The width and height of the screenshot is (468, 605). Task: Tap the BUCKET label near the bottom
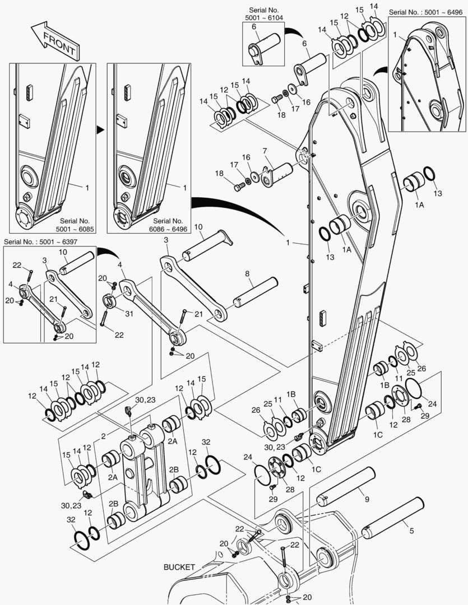pyautogui.click(x=179, y=567)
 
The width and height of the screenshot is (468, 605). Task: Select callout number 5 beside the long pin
pyautogui.click(x=412, y=530)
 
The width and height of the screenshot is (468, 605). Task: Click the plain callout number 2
pyautogui.click(x=104, y=436)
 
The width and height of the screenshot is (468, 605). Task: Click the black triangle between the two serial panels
pyautogui.click(x=100, y=129)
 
